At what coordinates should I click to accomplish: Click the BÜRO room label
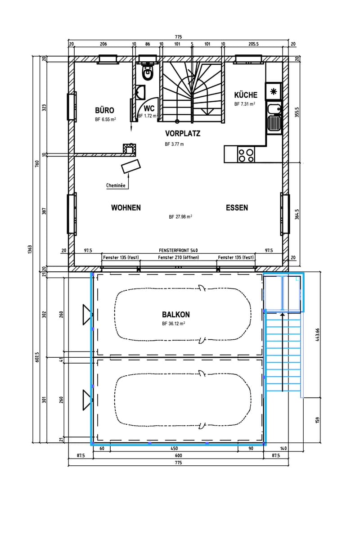point(104,110)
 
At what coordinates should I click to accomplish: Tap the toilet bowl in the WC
point(147,73)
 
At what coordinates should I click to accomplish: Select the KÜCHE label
point(246,95)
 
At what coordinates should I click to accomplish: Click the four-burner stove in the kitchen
point(246,155)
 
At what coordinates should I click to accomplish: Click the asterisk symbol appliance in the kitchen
point(273,91)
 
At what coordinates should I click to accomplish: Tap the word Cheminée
point(116,185)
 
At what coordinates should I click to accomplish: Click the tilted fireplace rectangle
point(130,166)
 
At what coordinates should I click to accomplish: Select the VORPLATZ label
point(183,133)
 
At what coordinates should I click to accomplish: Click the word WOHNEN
point(126,207)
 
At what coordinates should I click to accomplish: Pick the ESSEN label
point(237,207)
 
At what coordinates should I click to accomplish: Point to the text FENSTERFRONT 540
point(178,251)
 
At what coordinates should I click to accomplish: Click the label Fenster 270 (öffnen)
point(179,257)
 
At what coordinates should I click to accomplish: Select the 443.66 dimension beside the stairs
point(317,335)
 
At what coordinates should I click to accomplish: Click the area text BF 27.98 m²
point(180,217)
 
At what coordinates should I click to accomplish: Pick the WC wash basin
point(140,92)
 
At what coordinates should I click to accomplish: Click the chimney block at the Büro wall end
point(130,149)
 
